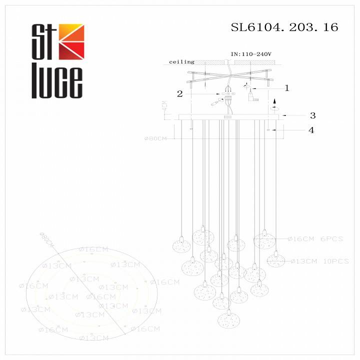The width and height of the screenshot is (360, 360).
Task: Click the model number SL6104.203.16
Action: tap(284, 27)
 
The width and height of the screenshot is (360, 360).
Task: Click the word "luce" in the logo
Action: tap(57, 82)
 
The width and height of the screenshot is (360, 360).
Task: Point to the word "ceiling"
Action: tap(181, 62)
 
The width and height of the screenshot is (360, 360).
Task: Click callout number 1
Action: tap(286, 88)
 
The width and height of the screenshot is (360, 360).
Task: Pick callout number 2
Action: tap(178, 93)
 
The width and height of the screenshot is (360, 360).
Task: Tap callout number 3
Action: tap(312, 115)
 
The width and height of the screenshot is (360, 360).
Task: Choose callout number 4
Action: tap(311, 130)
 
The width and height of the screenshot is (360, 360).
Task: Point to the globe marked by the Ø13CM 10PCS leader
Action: tap(275, 260)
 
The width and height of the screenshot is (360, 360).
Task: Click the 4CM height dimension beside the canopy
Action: tap(163, 106)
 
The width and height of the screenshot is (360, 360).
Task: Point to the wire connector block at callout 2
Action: tap(228, 93)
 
